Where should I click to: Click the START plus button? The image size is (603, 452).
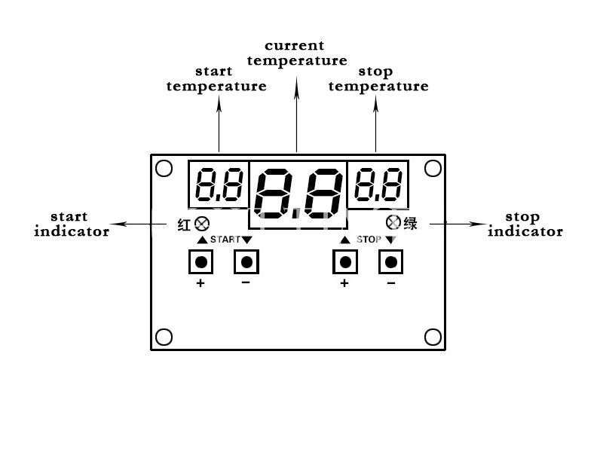200,262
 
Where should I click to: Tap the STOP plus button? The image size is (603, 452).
345,262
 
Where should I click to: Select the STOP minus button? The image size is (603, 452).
390,262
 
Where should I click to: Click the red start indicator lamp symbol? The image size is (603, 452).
202,224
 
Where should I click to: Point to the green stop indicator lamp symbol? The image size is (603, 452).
393,222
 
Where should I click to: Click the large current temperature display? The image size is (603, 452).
298,194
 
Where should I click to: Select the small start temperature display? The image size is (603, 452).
219,185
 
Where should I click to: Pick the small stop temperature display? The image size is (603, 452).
378,185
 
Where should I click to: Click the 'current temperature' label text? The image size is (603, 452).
297,53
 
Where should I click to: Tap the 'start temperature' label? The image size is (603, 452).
216,79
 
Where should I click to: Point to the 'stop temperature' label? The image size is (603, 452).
378,79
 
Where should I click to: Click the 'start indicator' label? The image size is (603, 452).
72,224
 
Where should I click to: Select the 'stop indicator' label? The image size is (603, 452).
525,224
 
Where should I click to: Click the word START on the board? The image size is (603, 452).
225,240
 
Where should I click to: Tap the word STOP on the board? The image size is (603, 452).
369,240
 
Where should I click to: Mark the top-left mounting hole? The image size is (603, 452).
164,168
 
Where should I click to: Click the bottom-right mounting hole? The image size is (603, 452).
433,337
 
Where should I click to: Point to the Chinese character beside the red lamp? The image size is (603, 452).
184,224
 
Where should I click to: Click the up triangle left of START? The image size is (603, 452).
202,240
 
